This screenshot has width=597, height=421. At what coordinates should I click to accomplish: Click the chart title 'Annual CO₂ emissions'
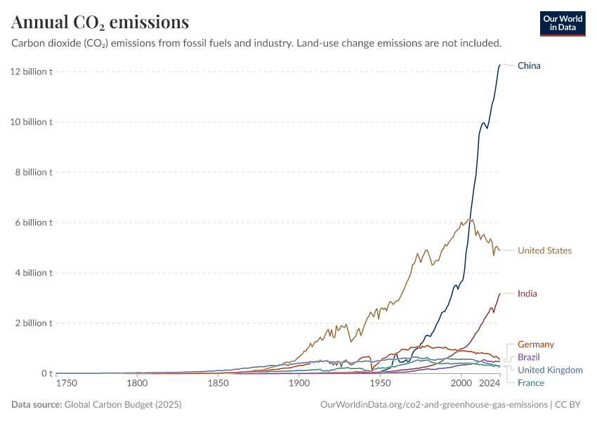(100, 22)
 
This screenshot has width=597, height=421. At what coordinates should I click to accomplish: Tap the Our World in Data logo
(563, 23)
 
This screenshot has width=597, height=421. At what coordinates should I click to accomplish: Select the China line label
(529, 66)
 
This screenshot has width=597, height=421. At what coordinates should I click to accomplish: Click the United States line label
(544, 250)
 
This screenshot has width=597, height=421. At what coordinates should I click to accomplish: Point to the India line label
(527, 294)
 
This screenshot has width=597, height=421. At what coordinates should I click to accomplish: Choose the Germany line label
(535, 345)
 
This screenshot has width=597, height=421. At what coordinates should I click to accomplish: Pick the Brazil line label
(529, 357)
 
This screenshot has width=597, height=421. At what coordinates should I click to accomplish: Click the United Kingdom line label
(550, 370)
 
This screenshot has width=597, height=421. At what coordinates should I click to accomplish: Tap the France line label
(530, 382)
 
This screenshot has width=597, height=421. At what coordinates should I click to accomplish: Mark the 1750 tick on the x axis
(67, 384)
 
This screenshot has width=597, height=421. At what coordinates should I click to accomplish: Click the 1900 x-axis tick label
(299, 384)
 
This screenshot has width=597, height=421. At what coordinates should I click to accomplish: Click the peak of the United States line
(471, 219)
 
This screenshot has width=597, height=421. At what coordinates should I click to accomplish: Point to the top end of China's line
(499, 65)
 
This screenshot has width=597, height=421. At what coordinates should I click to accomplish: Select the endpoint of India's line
(499, 294)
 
